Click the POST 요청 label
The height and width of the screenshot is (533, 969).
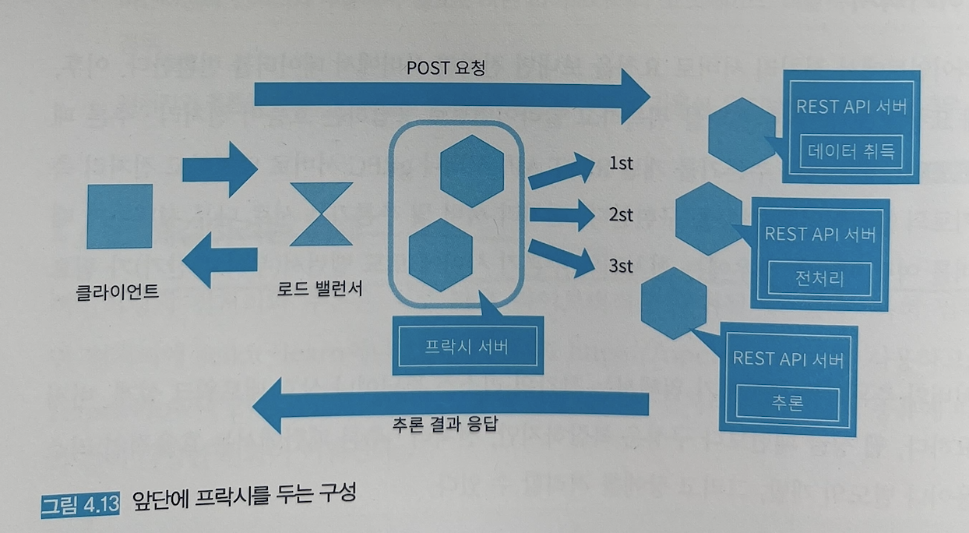point(446,68)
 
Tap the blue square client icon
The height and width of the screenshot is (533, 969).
point(119,216)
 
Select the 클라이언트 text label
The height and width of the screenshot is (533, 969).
point(118,292)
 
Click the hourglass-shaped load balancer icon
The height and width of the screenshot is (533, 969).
point(320,214)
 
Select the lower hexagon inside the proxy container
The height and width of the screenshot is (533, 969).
point(441,255)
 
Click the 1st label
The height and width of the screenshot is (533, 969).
point(620,164)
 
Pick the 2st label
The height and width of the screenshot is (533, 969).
point(621,214)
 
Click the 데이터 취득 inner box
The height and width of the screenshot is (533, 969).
point(851,151)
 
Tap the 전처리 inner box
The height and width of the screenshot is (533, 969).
point(819,278)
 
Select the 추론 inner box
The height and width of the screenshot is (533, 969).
point(788,404)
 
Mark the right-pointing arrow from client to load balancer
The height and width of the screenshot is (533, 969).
point(219,168)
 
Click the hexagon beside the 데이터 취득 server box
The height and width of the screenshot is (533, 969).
point(742,134)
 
